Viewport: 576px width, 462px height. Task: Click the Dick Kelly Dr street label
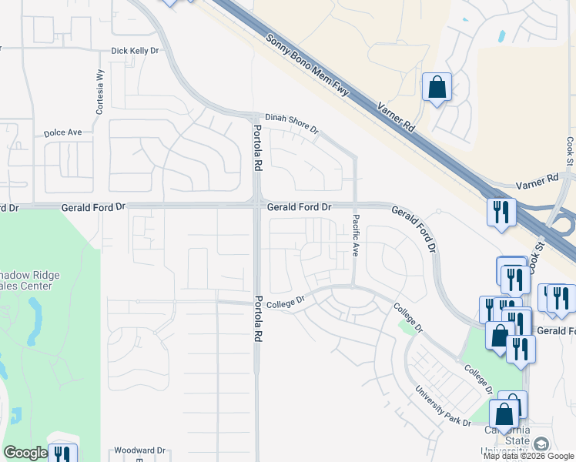click(134, 51)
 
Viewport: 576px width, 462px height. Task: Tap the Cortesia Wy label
click(99, 92)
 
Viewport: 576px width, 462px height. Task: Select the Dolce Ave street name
click(62, 132)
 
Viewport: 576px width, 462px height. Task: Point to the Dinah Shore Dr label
click(292, 124)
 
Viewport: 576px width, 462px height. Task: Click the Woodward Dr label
click(139, 450)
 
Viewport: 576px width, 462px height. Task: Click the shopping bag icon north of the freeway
click(437, 87)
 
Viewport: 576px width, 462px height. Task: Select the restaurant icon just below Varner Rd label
click(501, 211)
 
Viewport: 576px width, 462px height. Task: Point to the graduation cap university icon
click(541, 444)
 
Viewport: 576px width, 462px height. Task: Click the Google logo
click(25, 453)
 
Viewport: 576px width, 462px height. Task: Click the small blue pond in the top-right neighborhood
click(502, 35)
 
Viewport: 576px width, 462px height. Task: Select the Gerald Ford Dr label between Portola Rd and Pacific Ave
click(299, 207)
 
